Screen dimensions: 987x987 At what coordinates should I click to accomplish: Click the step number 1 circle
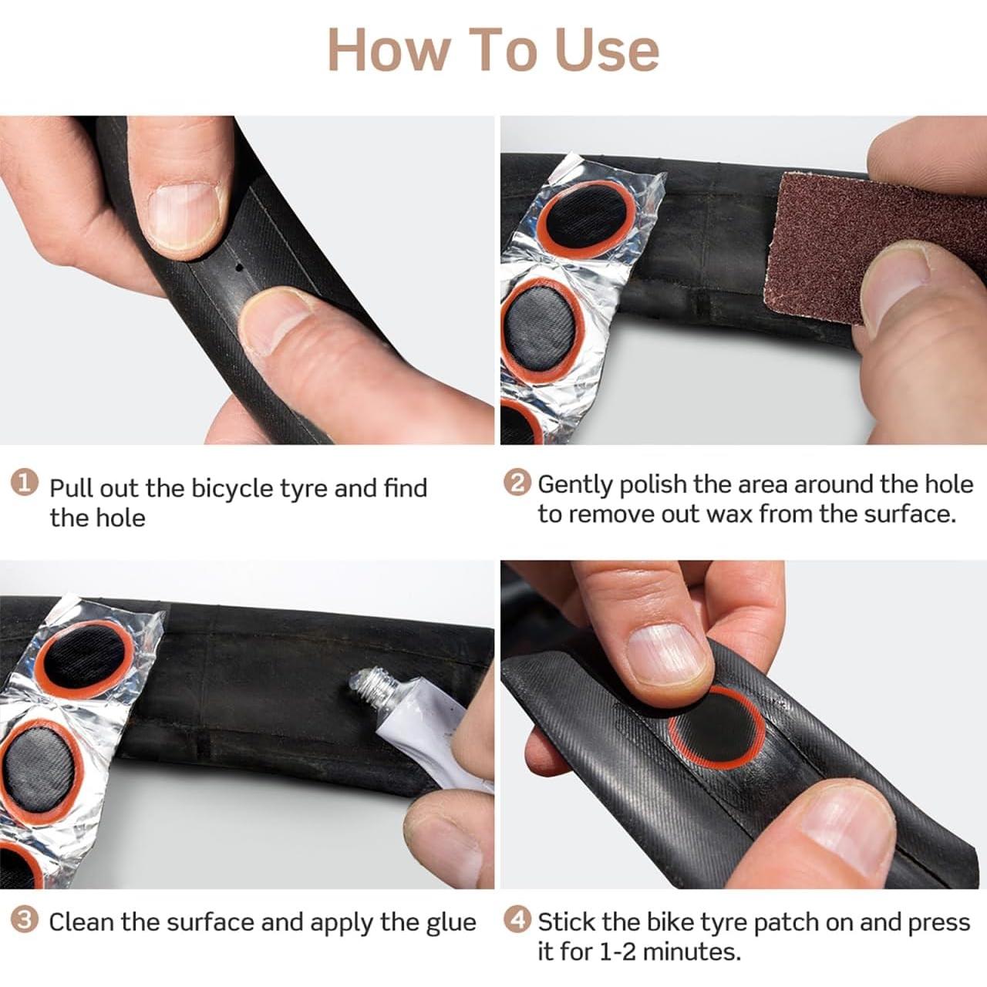25,483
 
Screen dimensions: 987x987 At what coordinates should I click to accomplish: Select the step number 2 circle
517,483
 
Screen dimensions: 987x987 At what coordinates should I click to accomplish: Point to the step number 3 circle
25,919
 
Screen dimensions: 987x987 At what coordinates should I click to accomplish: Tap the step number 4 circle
517,919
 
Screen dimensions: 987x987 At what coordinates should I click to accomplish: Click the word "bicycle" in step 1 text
232,489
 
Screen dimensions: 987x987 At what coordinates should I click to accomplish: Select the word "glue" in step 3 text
451,922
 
